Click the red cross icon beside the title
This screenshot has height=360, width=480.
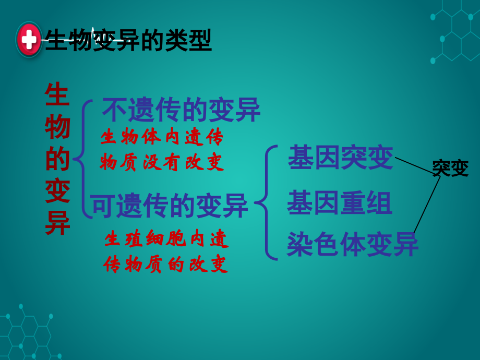tap(29, 40)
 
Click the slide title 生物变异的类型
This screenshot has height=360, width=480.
tap(128, 41)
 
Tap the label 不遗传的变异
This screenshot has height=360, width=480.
tap(181, 110)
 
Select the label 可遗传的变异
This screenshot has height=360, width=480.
tap(170, 206)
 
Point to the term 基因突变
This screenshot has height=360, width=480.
tap(340, 158)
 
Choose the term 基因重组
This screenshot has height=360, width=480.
tap(339, 203)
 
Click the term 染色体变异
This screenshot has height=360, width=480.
tap(353, 244)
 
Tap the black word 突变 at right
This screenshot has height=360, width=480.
tap(450, 168)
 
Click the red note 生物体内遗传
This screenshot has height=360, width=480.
tap(162, 137)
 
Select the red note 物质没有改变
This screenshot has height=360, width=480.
tap(162, 162)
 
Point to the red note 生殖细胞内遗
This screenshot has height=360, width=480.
tap(166, 238)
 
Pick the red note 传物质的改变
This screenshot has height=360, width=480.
tap(165, 264)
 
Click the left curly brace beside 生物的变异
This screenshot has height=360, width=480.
tap(82, 159)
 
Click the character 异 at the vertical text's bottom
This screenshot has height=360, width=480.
tap(57, 223)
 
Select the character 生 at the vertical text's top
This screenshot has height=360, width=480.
tap(57, 94)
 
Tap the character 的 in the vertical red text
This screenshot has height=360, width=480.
tap(57, 159)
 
